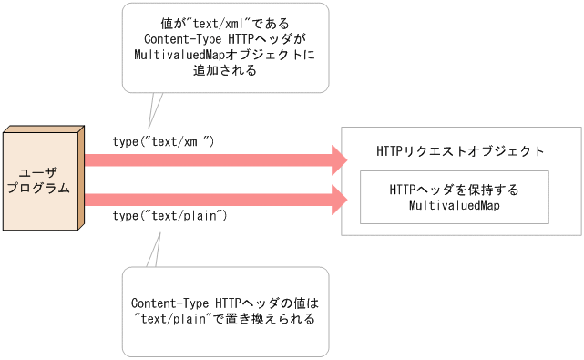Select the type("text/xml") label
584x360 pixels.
pyautogui.click(x=163, y=141)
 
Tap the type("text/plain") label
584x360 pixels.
pyautogui.click(x=169, y=216)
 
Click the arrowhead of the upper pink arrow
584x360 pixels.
pyautogui.click(x=338, y=160)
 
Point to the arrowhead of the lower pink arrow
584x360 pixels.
pyautogui.click(x=338, y=198)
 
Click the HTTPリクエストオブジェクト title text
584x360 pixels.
pyautogui.click(x=461, y=151)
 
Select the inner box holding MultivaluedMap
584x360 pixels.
pyautogui.click(x=454, y=197)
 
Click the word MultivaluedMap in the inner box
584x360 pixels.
pyautogui.click(x=453, y=206)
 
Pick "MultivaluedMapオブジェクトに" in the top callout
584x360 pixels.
pyautogui.click(x=225, y=55)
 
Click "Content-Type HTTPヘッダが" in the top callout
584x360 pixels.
pyautogui.click(x=225, y=39)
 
